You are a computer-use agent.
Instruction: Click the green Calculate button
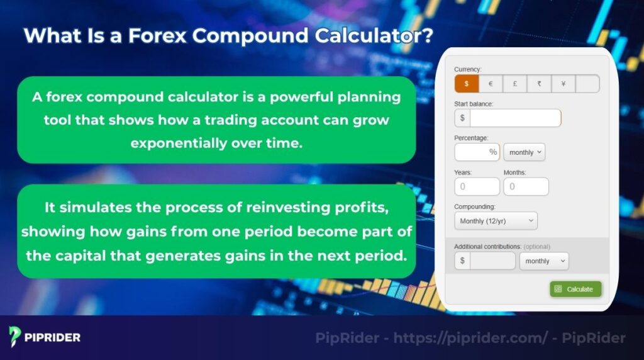click(575, 289)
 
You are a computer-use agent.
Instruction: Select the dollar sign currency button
click(466, 84)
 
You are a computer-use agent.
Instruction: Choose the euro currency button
click(491, 84)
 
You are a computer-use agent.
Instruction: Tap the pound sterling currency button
click(514, 84)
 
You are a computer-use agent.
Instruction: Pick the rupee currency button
click(539, 84)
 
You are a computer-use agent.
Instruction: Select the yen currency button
click(563, 84)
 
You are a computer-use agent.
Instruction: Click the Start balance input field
click(514, 118)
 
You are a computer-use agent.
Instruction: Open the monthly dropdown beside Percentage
click(524, 152)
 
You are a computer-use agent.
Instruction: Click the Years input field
click(477, 186)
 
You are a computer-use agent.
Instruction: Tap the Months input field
click(526, 186)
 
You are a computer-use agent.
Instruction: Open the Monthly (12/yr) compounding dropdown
click(496, 221)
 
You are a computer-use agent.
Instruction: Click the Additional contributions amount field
click(492, 261)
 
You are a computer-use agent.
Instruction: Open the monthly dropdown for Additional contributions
click(543, 261)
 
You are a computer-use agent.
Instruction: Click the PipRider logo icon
click(16, 337)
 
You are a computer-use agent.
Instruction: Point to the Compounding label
click(475, 206)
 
